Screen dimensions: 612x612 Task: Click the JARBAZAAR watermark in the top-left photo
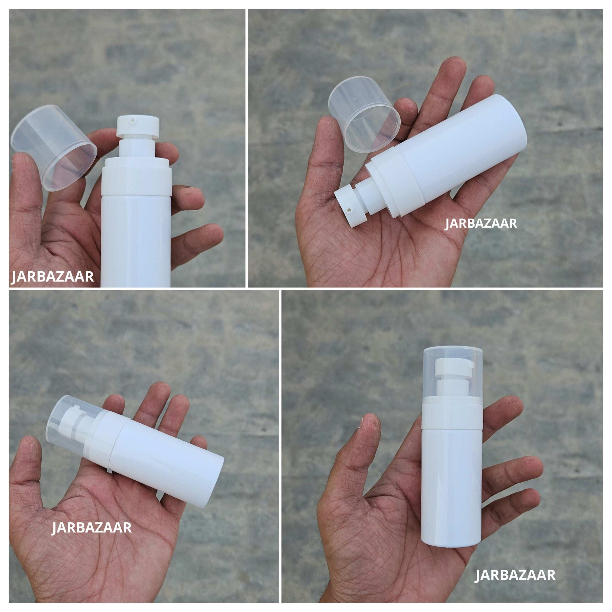[x=52, y=277]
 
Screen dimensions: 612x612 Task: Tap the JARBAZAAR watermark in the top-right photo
[x=481, y=223]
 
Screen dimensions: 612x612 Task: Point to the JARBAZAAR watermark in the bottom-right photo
[x=515, y=575]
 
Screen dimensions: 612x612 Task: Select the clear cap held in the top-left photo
[x=54, y=147]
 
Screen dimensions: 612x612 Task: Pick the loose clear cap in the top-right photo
[x=364, y=114]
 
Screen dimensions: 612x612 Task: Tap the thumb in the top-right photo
[x=328, y=149]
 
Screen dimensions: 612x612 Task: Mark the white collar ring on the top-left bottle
[x=137, y=180]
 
